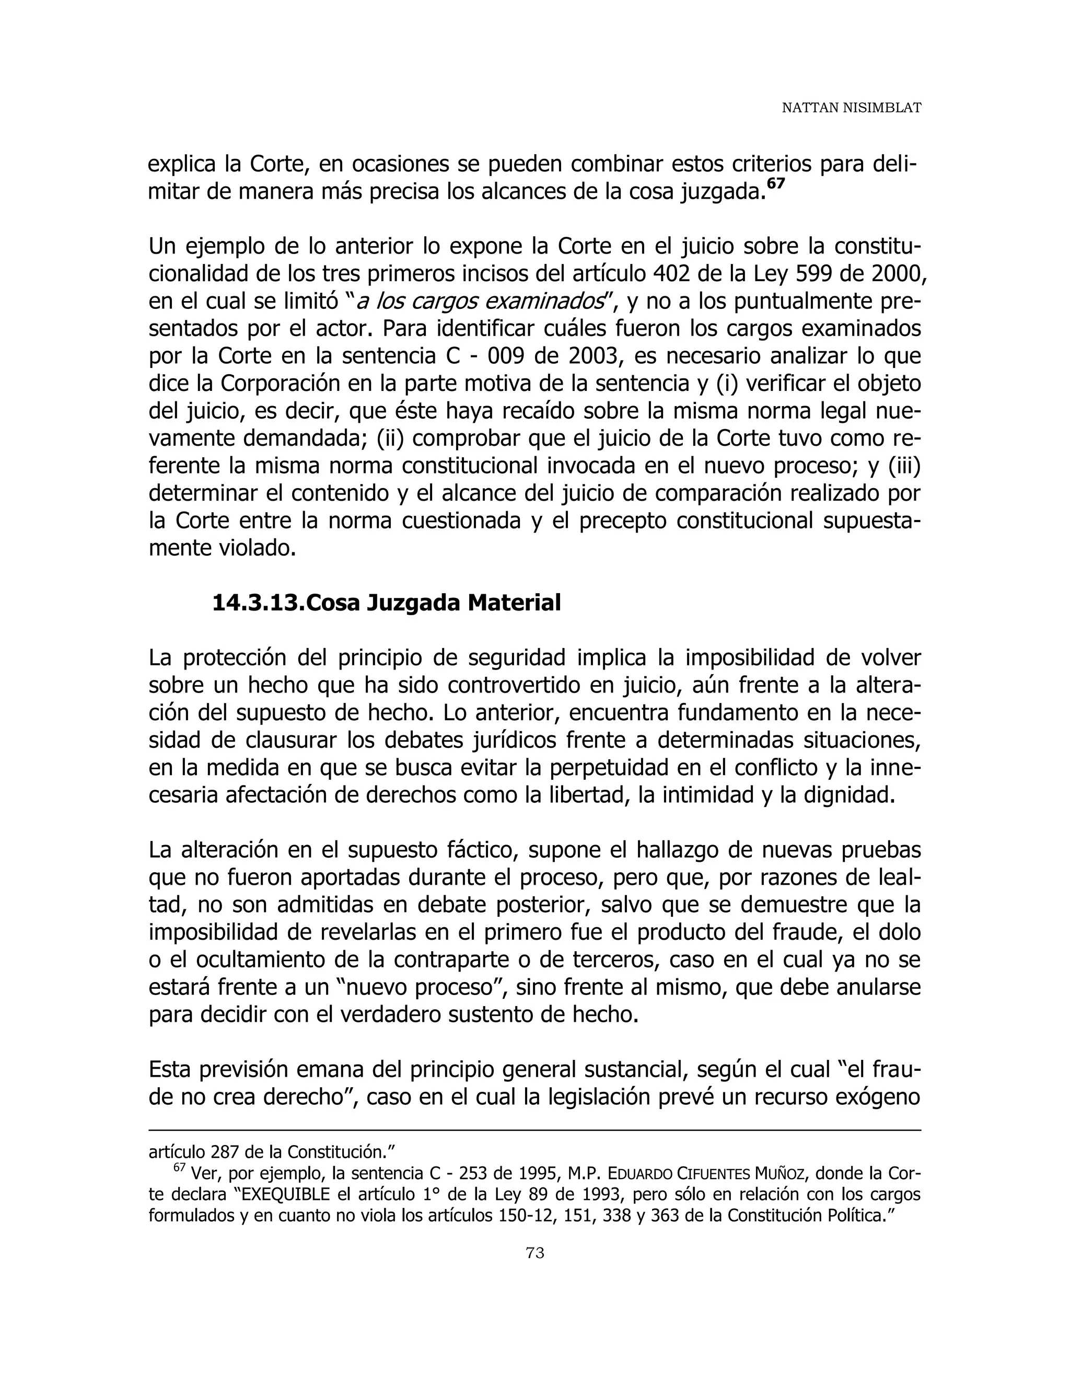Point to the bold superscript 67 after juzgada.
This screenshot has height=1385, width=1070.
click(776, 184)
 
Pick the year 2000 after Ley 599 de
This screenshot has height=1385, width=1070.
click(894, 274)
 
